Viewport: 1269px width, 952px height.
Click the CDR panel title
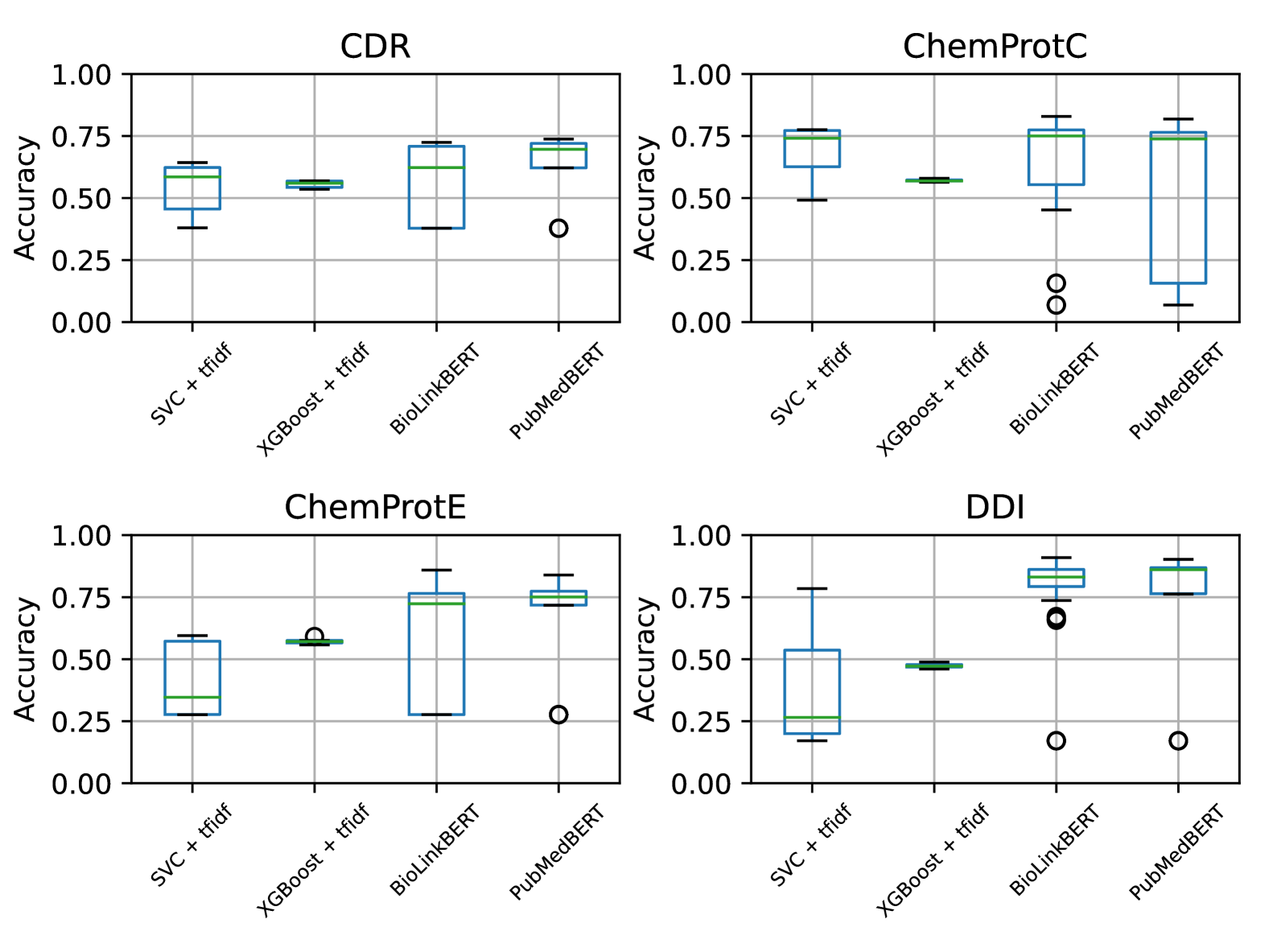pyautogui.click(x=375, y=47)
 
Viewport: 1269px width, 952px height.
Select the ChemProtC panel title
pyautogui.click(x=995, y=47)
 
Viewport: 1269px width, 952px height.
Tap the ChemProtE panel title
pyautogui.click(x=375, y=508)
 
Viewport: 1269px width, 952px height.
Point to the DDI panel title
pyautogui.click(x=995, y=508)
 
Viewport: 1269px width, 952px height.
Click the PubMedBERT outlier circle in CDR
pyautogui.click(x=558, y=229)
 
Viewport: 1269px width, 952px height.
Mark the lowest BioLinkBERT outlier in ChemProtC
pyautogui.click(x=1056, y=305)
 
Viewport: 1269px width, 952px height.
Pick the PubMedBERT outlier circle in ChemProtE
pyautogui.click(x=558, y=715)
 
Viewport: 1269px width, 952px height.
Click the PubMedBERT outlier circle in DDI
pyautogui.click(x=1178, y=740)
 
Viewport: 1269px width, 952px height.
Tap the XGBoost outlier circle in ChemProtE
pyautogui.click(x=315, y=637)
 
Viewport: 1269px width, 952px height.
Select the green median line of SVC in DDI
pyautogui.click(x=812, y=717)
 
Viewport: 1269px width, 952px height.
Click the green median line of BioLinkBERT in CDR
pyautogui.click(x=436, y=167)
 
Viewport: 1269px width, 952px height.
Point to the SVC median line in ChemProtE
pyautogui.click(x=192, y=697)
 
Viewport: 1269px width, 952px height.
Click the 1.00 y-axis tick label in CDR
pyautogui.click(x=81, y=75)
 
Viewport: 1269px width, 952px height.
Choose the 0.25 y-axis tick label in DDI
pyautogui.click(x=701, y=722)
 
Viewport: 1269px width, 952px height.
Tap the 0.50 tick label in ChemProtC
pyautogui.click(x=701, y=199)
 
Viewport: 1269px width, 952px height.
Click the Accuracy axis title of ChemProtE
pyautogui.click(x=26, y=659)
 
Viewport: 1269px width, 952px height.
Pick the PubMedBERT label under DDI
pyautogui.click(x=1176, y=851)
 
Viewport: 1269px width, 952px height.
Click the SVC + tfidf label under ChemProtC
pyautogui.click(x=811, y=383)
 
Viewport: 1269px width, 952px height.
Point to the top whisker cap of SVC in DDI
pyautogui.click(x=812, y=588)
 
